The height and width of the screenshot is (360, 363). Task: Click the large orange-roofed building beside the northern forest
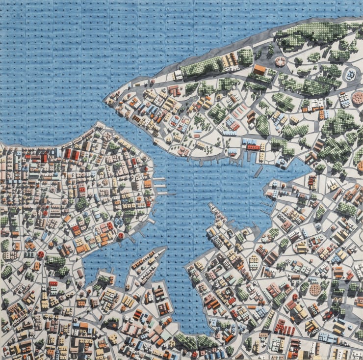[x=260, y=70]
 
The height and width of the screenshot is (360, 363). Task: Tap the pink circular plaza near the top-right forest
[x=280, y=61]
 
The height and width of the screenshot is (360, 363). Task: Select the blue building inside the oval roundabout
[x=351, y=75]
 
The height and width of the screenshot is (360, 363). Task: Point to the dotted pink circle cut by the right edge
[x=359, y=98]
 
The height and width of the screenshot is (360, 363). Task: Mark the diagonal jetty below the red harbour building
[x=259, y=171]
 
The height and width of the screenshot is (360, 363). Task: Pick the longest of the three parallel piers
[x=165, y=193]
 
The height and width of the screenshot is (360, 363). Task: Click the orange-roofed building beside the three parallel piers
[x=148, y=184]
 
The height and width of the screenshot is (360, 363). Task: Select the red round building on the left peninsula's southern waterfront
[x=121, y=236]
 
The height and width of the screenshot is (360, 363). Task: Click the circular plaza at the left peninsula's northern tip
[x=107, y=134]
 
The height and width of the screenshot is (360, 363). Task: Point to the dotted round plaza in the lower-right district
[x=315, y=290]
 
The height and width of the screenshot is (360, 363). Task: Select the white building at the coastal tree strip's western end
[x=178, y=75]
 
